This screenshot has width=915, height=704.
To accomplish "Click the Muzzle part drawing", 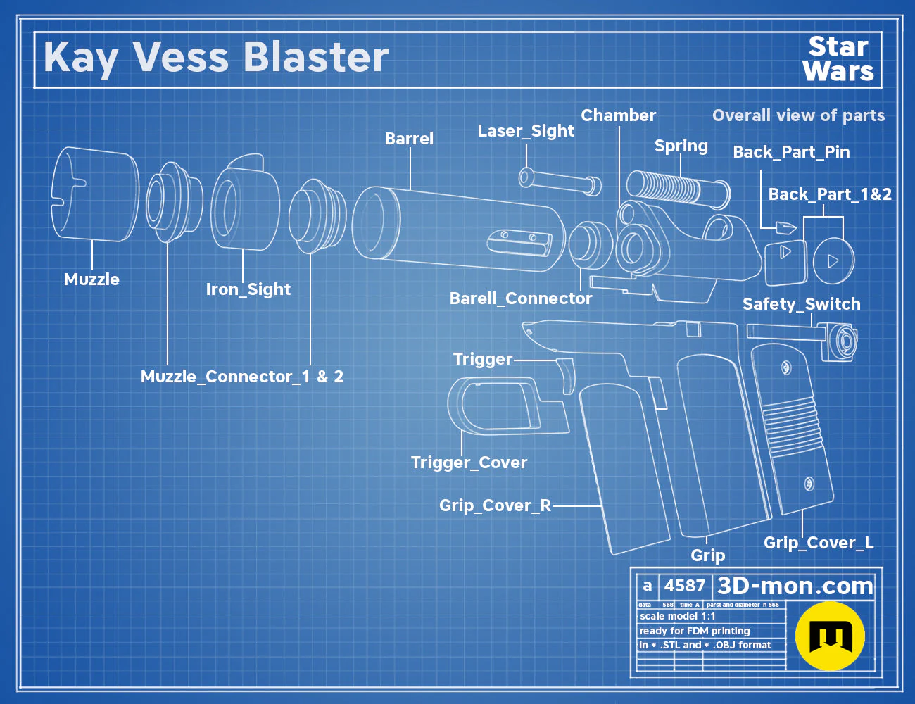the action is pyautogui.click(x=95, y=194).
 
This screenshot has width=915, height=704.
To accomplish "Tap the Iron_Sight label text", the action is pyautogui.click(x=248, y=289).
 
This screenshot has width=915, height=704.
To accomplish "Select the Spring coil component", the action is pyautogui.click(x=678, y=190).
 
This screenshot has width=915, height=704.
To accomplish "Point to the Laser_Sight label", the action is pyautogui.click(x=526, y=131).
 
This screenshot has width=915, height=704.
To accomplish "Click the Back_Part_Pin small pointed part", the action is pyautogui.click(x=786, y=227).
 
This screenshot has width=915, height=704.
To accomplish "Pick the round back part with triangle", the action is pyautogui.click(x=833, y=261).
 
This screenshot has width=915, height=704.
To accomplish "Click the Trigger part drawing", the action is pyautogui.click(x=567, y=376).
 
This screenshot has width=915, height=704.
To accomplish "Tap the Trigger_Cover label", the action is pyautogui.click(x=469, y=463).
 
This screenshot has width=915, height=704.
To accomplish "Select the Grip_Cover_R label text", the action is pyautogui.click(x=495, y=505).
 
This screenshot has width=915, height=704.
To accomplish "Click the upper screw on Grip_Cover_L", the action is pyautogui.click(x=785, y=367).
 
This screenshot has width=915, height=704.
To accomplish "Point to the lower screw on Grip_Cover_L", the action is pyautogui.click(x=809, y=484).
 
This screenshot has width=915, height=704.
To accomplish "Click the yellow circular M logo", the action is pyautogui.click(x=830, y=636).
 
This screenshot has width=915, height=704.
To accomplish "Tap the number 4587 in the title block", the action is pyautogui.click(x=684, y=586).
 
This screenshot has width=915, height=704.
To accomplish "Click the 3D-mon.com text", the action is pyautogui.click(x=795, y=586).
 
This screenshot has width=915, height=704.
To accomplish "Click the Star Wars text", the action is pyautogui.click(x=838, y=59).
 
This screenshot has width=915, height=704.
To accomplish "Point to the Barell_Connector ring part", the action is pyautogui.click(x=591, y=245).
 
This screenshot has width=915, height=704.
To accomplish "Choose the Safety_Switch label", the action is pyautogui.click(x=801, y=304).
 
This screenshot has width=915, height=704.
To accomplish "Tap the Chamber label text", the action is pyautogui.click(x=618, y=115).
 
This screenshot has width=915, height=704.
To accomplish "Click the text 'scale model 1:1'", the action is pyautogui.click(x=678, y=617).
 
